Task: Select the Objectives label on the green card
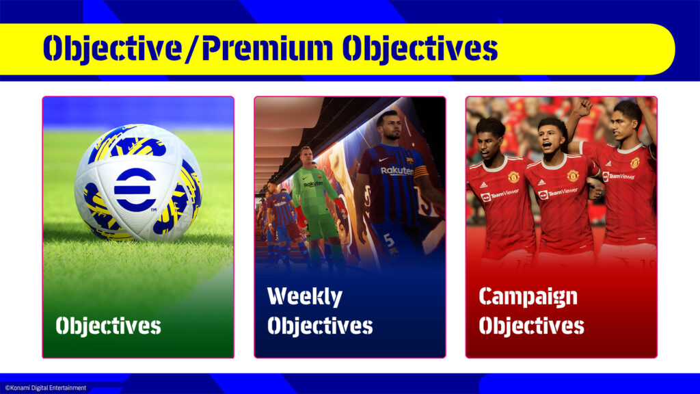tap(108, 326)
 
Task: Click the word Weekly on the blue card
tap(304, 296)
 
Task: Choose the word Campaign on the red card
tap(528, 297)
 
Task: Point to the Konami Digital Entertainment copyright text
tap(45, 388)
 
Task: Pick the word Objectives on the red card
tap(531, 326)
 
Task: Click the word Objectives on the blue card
tap(320, 326)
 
